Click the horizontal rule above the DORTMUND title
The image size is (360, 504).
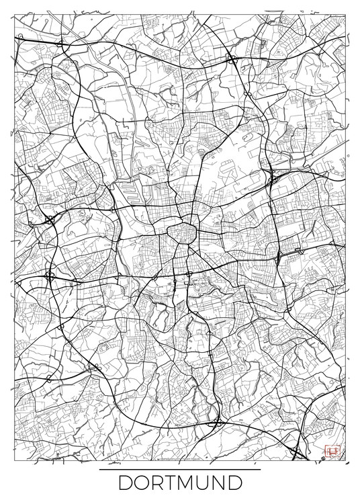pos(179,470)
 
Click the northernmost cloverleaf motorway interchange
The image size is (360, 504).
pos(233,60)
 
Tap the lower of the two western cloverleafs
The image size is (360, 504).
pos(49,276)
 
